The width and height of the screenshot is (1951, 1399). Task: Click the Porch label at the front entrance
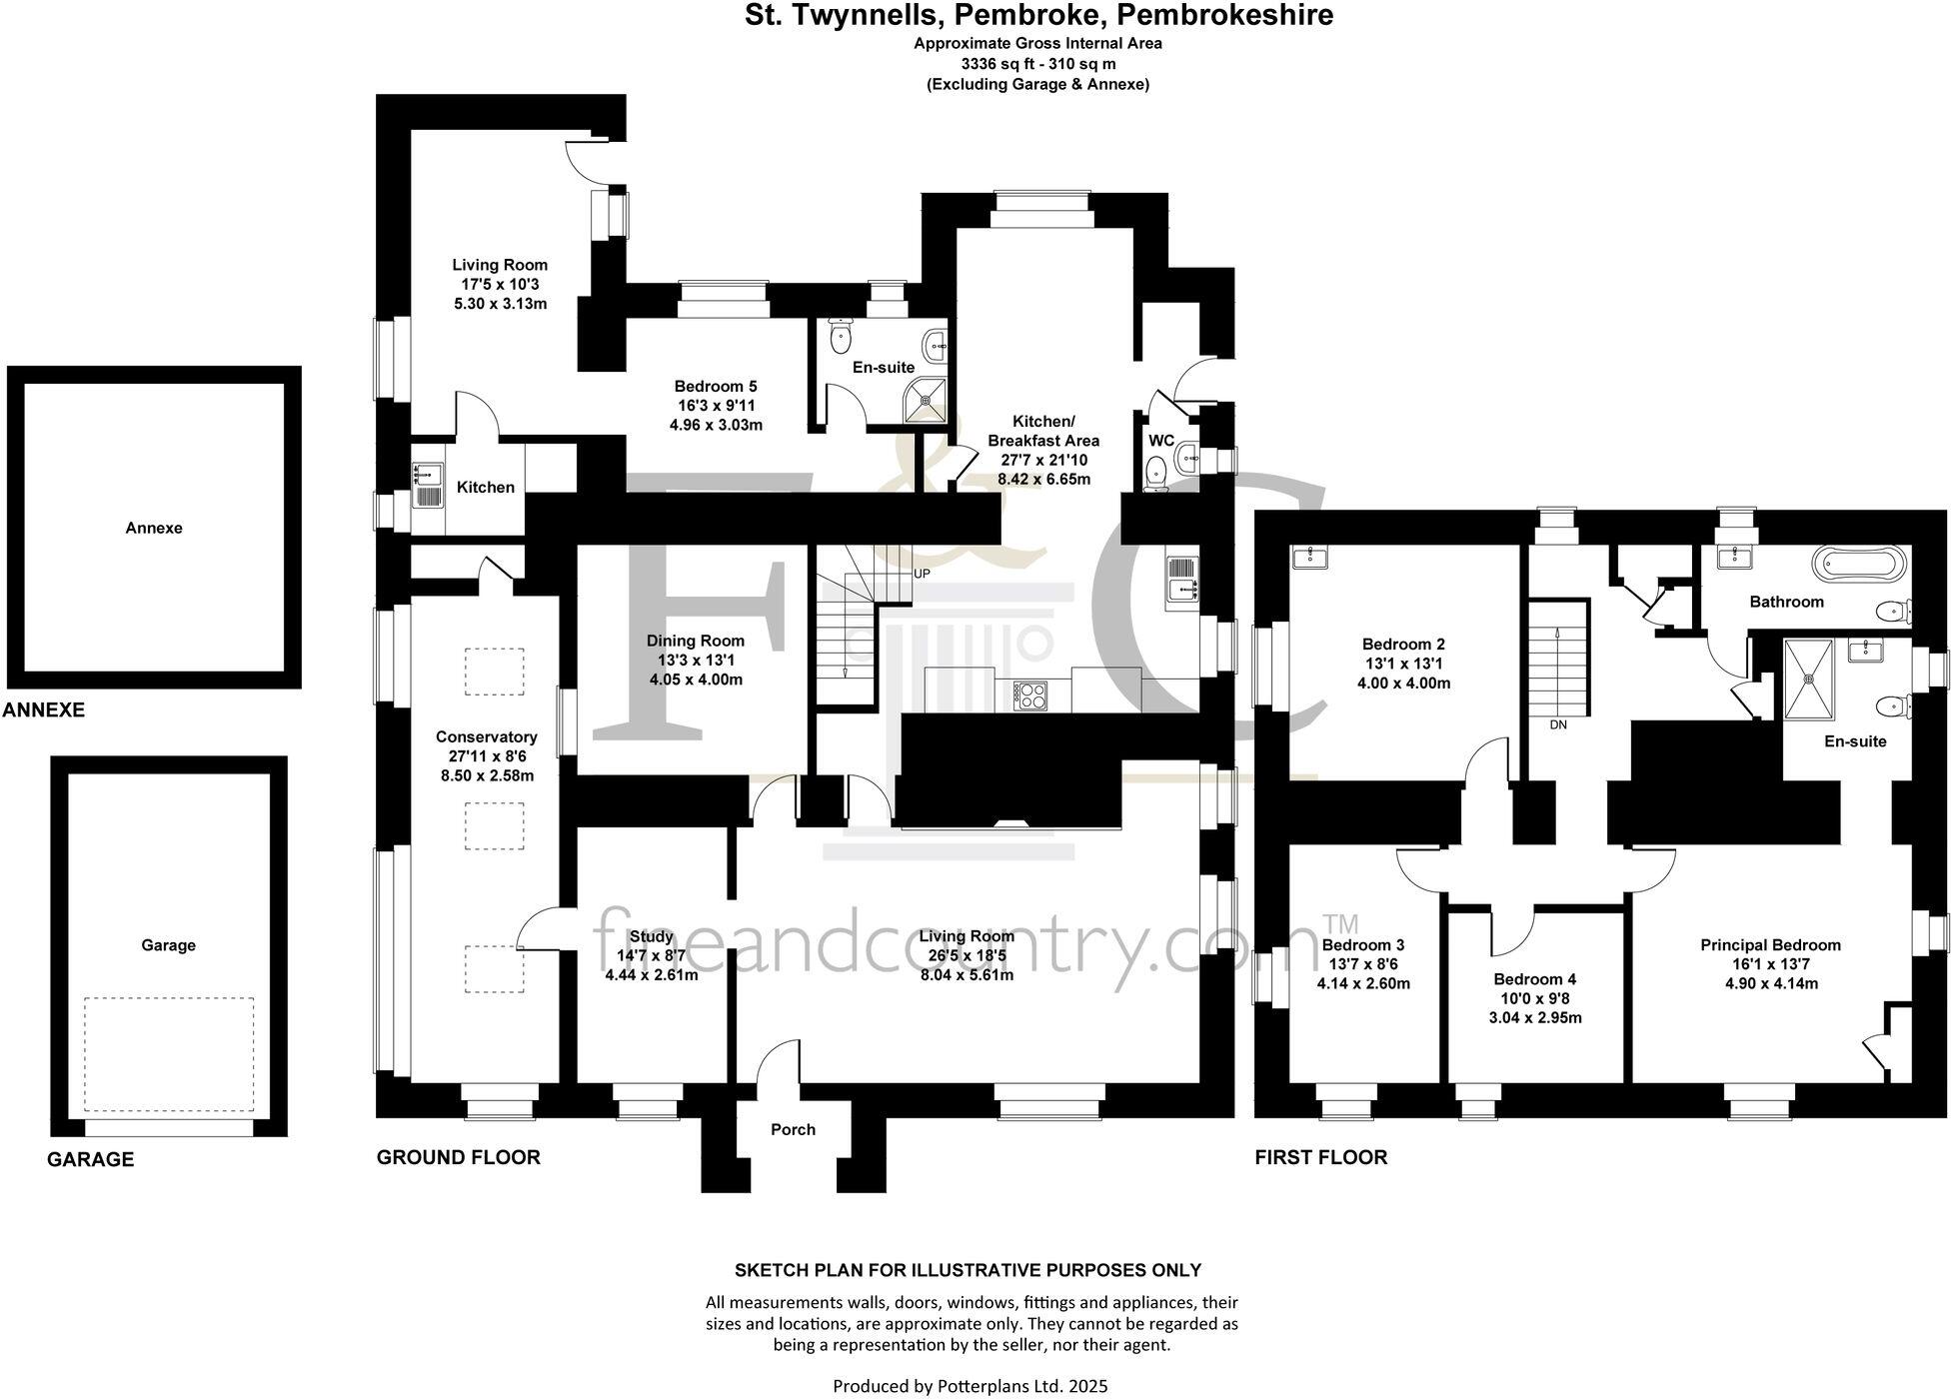793,1129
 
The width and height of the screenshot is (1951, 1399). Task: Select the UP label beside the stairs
922,574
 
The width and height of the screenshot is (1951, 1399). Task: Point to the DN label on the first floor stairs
1557,724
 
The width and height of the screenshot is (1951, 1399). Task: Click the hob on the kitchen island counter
1029,694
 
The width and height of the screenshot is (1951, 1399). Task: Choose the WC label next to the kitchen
1160,441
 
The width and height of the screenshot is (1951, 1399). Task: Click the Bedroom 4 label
1534,979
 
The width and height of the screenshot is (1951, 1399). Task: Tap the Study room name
651,936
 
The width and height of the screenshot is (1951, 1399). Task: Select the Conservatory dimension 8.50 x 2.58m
486,775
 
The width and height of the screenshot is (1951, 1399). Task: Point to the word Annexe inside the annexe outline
154,528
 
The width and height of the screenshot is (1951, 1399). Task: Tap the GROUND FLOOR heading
458,1157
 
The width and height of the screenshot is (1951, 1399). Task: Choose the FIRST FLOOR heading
1320,1157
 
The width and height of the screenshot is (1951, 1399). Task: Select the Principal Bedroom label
1770,944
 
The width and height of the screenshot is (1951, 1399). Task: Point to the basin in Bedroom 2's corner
1308,557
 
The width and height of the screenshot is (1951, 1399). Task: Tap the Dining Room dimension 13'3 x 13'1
695,660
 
